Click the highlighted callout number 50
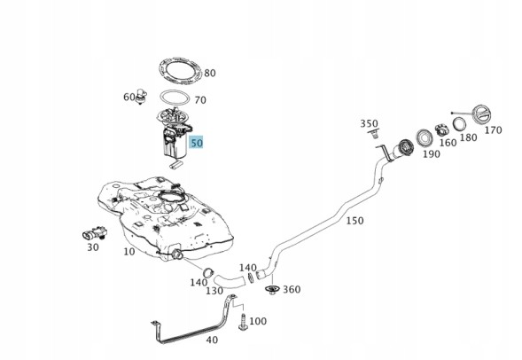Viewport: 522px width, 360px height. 197,143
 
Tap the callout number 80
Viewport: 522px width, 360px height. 210,73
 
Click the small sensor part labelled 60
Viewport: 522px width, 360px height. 142,97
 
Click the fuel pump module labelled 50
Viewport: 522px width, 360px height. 175,137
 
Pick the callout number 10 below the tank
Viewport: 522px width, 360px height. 129,252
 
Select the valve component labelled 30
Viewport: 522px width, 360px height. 95,233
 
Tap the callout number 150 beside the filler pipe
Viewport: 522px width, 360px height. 354,221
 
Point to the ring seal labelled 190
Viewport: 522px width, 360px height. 425,137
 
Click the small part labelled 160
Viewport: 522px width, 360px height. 441,129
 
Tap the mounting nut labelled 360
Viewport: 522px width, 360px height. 272,290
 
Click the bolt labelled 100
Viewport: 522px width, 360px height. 243,322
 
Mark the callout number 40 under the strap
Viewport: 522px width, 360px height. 212,340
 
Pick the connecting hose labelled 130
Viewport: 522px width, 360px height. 230,281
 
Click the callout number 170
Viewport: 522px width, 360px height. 493,129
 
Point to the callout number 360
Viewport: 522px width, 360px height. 292,290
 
